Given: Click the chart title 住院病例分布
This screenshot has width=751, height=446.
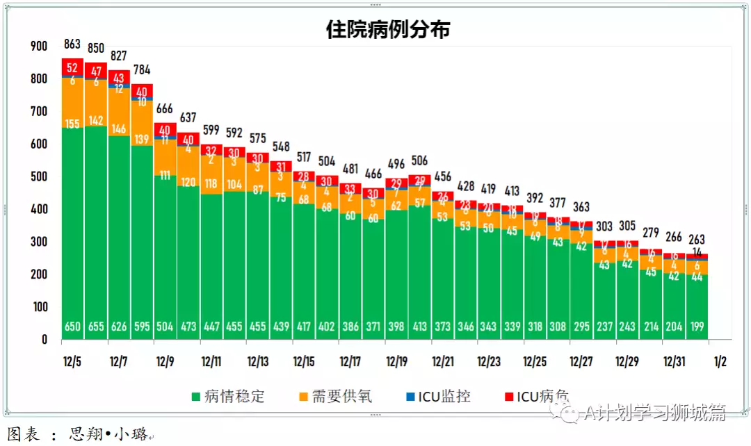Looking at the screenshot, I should click(x=388, y=28).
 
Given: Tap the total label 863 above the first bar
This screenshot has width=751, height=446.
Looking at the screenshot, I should click(x=73, y=44).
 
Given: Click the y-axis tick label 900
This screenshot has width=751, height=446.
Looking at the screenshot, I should click(x=39, y=46).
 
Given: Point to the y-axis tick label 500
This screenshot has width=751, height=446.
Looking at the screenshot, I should click(x=39, y=176).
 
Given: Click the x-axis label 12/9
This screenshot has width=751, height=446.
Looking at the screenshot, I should click(x=165, y=362).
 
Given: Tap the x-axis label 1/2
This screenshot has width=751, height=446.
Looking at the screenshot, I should click(x=720, y=362).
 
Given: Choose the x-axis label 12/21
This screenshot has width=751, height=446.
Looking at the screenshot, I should click(x=443, y=362).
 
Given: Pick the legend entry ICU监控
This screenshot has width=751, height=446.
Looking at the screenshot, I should click(x=444, y=397).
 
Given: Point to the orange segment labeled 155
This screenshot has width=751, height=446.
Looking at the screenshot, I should click(x=73, y=124).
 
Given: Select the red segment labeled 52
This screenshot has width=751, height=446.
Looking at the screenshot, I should click(x=73, y=67).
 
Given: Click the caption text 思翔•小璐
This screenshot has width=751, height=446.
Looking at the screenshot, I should click(x=108, y=435).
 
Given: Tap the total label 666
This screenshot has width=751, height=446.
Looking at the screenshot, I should click(x=165, y=109).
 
